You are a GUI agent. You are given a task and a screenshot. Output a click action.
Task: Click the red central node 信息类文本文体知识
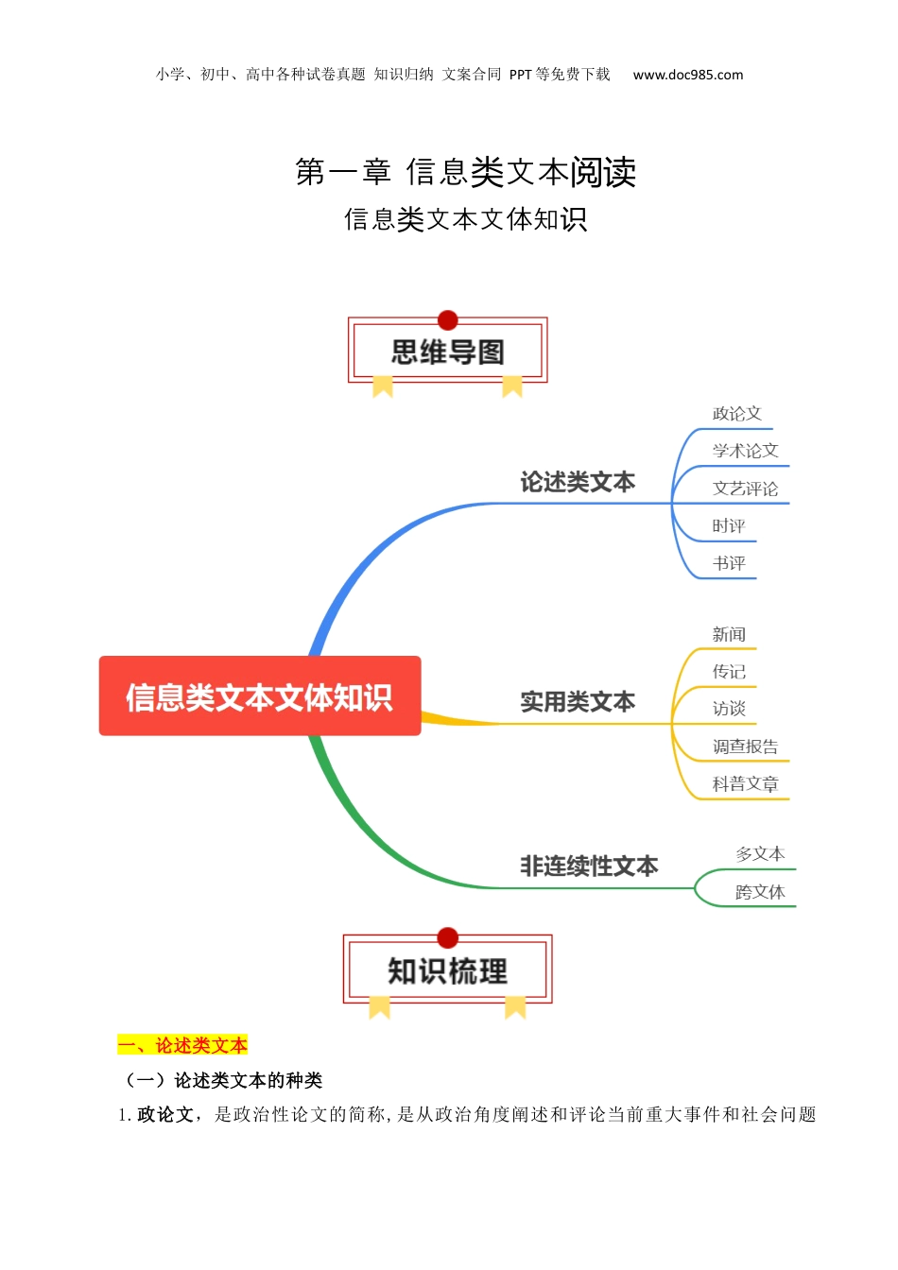pos(260,696)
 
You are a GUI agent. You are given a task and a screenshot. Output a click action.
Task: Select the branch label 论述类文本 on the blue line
pos(578,483)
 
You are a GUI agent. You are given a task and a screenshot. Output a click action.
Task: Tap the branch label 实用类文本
pos(578,702)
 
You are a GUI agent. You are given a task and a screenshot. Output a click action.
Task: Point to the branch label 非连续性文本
pos(589,867)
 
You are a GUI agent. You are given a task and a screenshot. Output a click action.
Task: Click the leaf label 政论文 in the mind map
pos(736,414)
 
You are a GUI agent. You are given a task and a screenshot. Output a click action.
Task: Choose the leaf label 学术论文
pos(745,451)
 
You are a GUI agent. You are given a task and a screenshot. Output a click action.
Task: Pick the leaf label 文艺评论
pos(745,489)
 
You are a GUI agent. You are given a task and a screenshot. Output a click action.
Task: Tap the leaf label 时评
pos(729,526)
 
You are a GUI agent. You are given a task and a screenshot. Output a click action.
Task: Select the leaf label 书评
pos(729,564)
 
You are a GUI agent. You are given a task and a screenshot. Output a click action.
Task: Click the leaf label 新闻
pos(729,634)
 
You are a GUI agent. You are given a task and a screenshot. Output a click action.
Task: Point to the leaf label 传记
pos(729,672)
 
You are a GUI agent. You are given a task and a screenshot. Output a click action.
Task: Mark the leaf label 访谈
pos(729,709)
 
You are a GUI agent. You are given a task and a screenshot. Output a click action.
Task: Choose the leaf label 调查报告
pos(745,747)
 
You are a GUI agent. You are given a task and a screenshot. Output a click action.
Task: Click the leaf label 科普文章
pos(745,784)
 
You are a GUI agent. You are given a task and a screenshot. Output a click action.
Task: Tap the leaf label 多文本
pos(760,854)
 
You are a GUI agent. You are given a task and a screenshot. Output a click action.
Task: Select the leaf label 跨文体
pos(760,892)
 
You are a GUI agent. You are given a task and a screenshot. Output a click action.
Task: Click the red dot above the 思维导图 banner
pos(448,320)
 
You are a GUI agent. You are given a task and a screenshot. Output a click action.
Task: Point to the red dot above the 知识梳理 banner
pos(448,937)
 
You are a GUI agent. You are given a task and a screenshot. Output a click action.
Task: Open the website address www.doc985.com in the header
pos(688,75)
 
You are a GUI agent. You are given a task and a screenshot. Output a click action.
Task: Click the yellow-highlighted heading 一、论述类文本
pos(182,1045)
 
